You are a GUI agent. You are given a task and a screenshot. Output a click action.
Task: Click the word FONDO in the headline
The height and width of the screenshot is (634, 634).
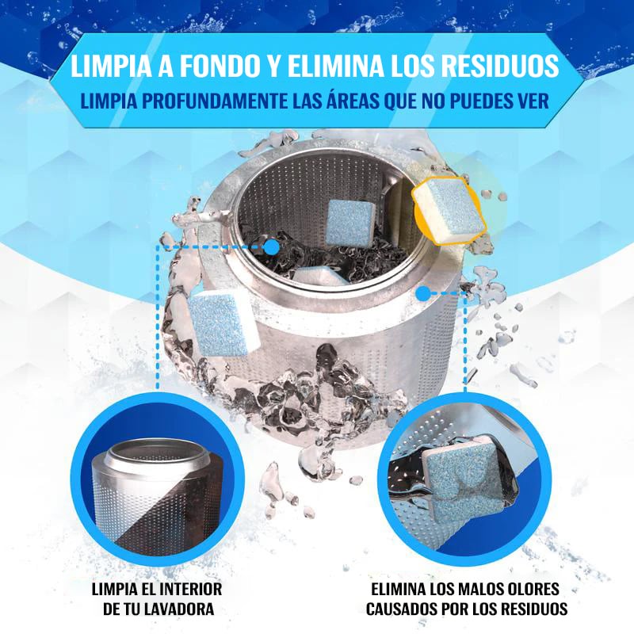[219, 66]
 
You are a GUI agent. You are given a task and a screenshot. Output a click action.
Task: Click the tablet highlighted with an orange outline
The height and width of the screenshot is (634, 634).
[449, 209]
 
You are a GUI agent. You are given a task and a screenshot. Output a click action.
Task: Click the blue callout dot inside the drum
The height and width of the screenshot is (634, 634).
[272, 246]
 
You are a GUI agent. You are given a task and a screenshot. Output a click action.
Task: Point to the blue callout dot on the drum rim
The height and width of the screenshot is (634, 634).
[423, 294]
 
